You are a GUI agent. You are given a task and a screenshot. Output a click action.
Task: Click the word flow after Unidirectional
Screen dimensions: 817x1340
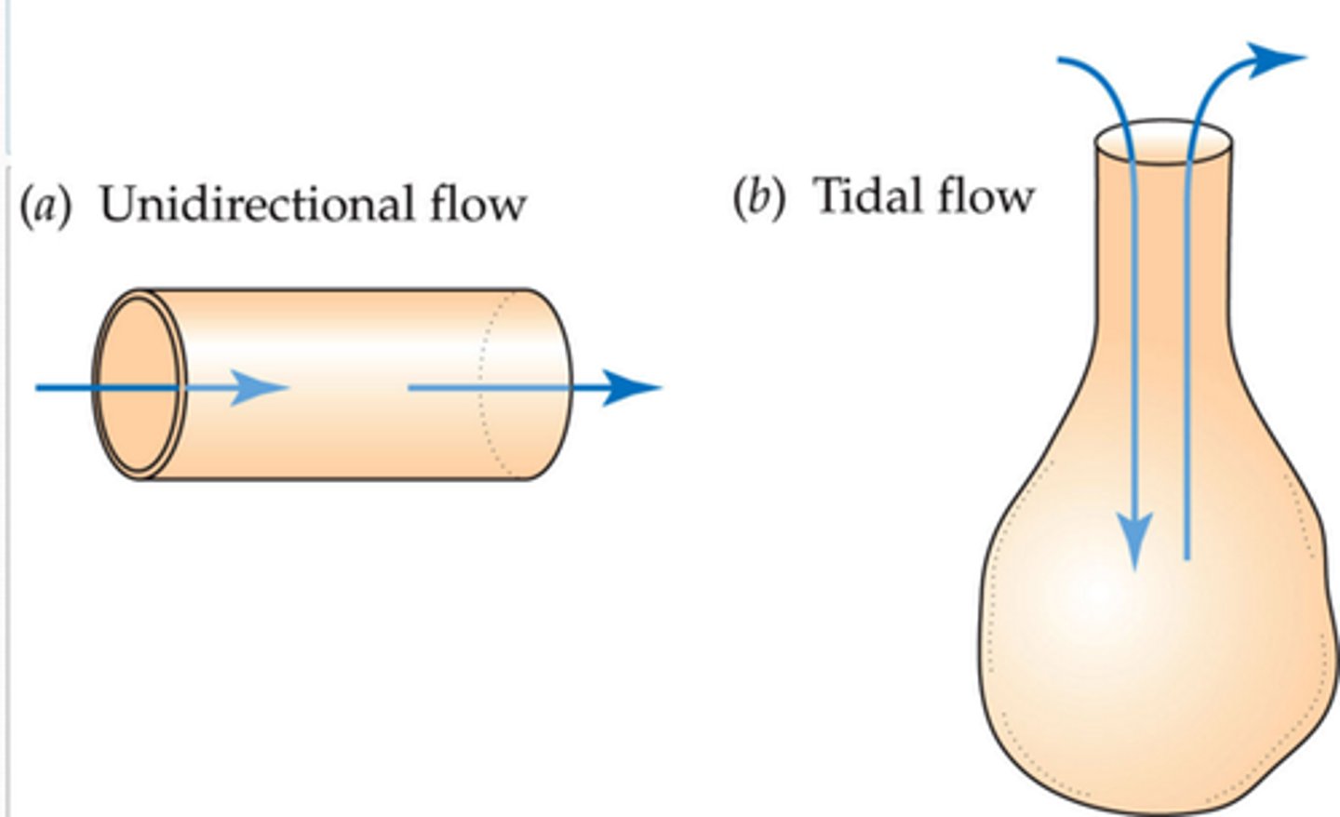point(477,204)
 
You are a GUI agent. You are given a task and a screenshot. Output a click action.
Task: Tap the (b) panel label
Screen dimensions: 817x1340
point(758,196)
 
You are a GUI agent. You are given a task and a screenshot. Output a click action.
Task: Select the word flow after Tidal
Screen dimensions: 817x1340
point(985,195)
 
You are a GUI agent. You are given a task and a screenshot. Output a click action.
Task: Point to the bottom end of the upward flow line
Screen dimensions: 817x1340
point(1186,556)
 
